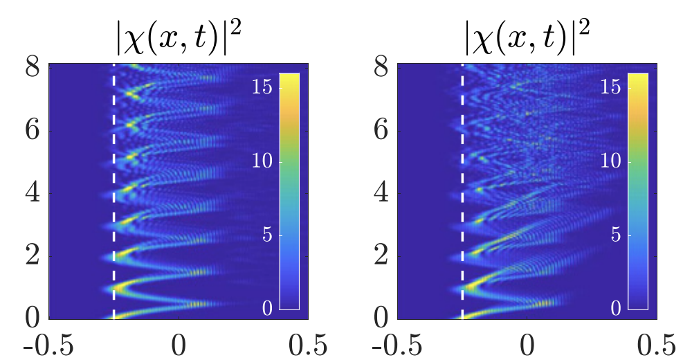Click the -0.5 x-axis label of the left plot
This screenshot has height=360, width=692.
click(x=49, y=344)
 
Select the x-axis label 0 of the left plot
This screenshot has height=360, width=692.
click(x=179, y=344)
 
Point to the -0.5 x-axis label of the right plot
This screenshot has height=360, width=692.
click(x=398, y=344)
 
